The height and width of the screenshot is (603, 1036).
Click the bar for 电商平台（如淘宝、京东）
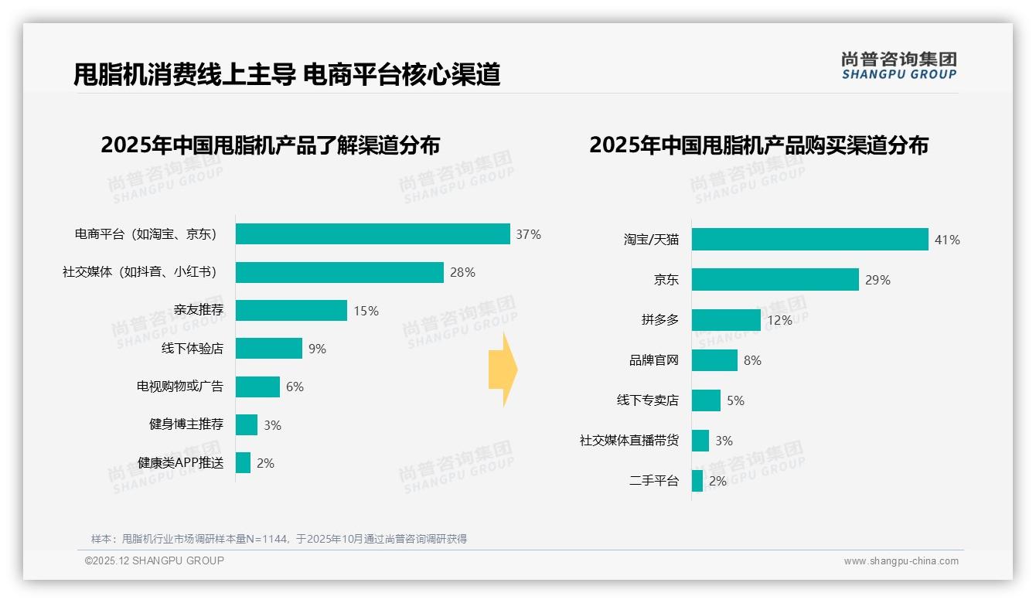[x=373, y=234]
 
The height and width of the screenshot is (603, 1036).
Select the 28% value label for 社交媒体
[x=462, y=272]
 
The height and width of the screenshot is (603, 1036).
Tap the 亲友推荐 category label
[x=198, y=310]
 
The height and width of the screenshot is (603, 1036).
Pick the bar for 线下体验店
[x=268, y=349]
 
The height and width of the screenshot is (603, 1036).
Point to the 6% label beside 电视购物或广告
[x=295, y=387]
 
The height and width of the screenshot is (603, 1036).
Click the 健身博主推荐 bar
[x=247, y=424]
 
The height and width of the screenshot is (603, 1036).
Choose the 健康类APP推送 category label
[x=180, y=463]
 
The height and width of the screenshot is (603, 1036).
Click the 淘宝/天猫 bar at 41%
[x=809, y=240]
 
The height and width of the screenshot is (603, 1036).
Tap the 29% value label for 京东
[x=878, y=280]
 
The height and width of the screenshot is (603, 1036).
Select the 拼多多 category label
[x=659, y=320]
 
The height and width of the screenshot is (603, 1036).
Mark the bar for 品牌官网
[x=714, y=360]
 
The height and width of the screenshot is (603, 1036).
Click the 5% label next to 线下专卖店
[x=735, y=400]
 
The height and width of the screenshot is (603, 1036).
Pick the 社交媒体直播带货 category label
[x=629, y=441]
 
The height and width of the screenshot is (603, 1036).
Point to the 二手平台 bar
[x=697, y=481]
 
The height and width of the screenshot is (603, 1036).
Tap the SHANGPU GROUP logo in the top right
[x=898, y=66]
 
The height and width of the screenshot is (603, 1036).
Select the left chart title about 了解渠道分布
[x=270, y=145]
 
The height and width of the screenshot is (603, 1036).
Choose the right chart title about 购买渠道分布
[x=758, y=145]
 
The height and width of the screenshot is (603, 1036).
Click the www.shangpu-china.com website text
[x=901, y=561]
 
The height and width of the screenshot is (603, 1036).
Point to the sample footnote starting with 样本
[x=279, y=539]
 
